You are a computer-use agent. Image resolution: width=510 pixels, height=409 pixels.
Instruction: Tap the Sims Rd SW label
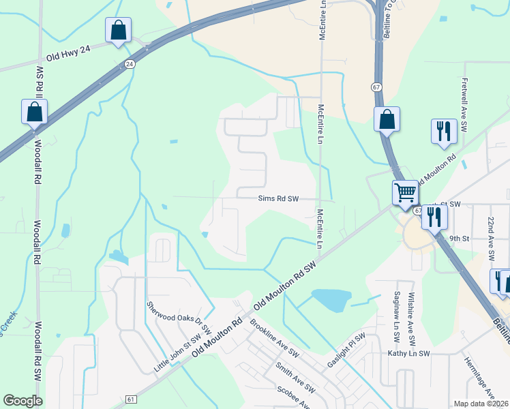point(278,199)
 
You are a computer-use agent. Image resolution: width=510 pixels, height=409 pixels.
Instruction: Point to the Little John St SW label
point(177,352)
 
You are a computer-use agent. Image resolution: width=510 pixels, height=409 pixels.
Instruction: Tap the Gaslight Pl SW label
point(347,348)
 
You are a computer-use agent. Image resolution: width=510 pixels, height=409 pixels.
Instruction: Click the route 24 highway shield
point(129,63)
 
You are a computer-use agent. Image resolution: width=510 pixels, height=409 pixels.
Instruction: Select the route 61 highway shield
point(132,399)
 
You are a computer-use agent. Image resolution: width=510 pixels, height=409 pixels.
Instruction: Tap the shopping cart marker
point(405,192)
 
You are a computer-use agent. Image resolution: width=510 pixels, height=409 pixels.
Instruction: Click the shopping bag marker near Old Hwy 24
point(118,30)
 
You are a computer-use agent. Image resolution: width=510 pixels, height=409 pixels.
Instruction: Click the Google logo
point(22,401)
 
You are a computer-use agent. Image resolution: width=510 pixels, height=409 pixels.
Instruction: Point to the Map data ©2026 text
point(481,404)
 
